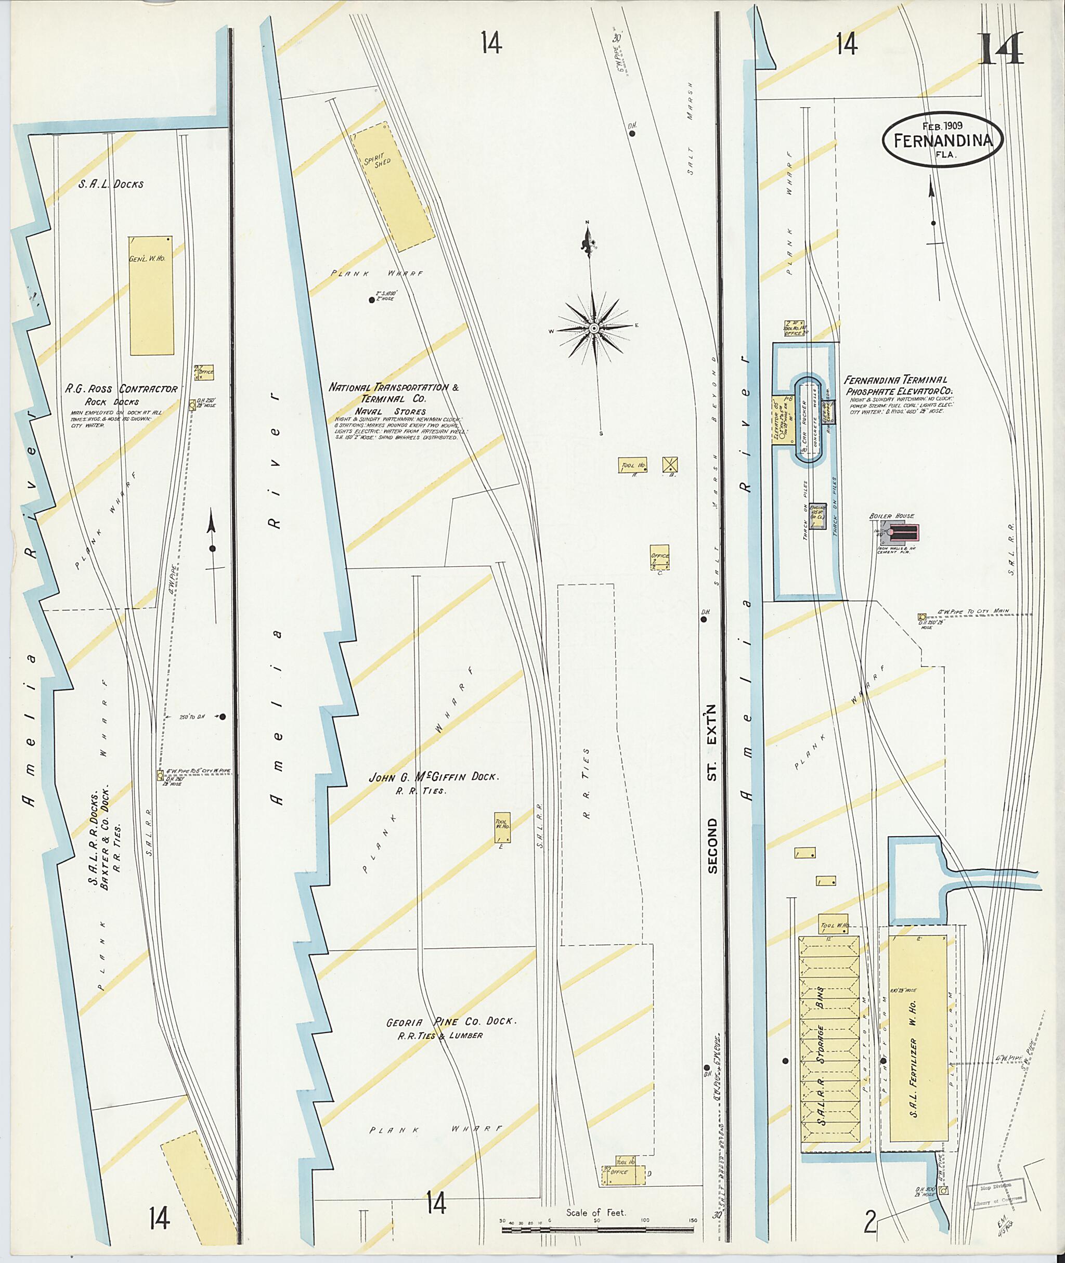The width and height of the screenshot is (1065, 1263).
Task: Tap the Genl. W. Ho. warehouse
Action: [151, 295]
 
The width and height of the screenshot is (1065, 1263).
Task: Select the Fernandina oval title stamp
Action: [942, 139]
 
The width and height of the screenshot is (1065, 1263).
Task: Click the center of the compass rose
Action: [594, 328]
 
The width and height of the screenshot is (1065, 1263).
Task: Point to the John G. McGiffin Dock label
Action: [434, 777]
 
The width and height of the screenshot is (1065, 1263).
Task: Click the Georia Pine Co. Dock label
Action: [451, 1022]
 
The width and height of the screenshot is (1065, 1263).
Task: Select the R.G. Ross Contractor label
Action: [121, 389]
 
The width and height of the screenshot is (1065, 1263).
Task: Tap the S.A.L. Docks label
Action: [111, 184]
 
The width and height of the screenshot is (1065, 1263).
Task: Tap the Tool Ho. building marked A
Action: [632, 465]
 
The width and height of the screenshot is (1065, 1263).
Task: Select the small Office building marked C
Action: [660, 557]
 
